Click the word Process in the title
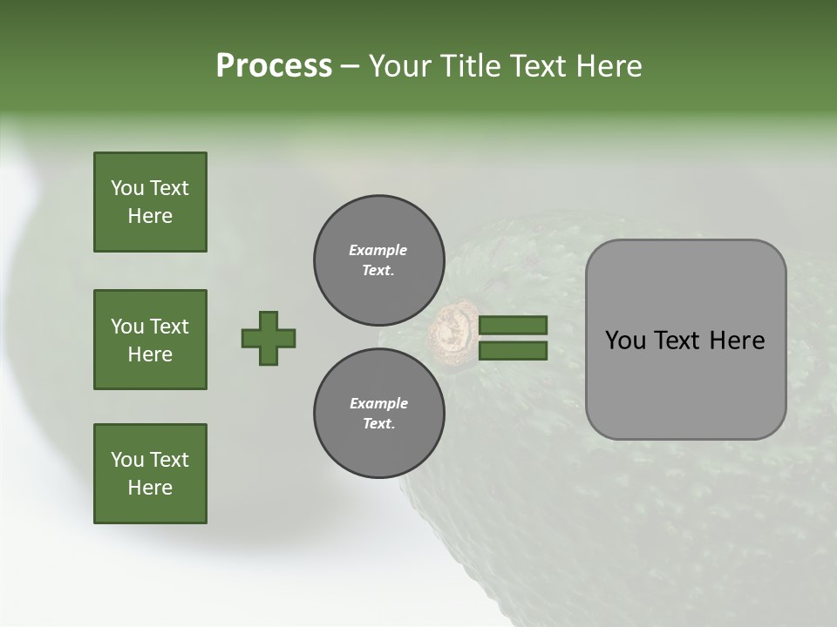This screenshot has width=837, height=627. [274, 66]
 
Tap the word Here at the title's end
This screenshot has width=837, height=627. [609, 66]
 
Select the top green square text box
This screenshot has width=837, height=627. [150, 202]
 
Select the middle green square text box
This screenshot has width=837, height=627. [150, 340]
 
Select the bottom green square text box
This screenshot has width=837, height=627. [150, 474]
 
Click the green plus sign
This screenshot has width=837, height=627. [269, 338]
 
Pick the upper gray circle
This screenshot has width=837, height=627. [378, 260]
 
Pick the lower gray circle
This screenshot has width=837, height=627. [378, 413]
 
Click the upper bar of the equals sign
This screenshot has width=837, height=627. [513, 325]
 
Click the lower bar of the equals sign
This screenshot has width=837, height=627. [513, 351]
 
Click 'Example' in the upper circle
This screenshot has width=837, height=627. [378, 250]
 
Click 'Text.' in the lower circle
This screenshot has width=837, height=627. [378, 424]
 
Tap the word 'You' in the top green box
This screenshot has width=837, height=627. [126, 188]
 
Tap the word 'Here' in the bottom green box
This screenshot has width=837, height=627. [150, 488]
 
